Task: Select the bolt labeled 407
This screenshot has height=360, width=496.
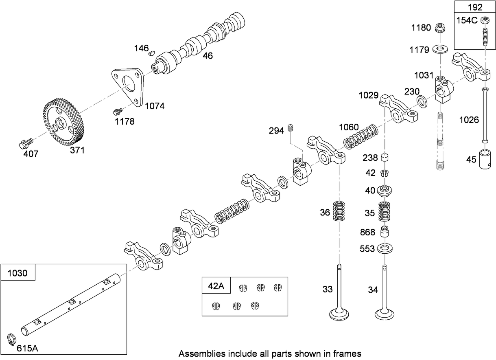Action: pos(25,143)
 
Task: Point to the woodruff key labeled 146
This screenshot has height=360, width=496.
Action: pos(151,52)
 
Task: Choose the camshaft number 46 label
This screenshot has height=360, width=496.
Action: pos(208,56)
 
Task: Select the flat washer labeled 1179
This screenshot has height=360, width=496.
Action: pos(441,49)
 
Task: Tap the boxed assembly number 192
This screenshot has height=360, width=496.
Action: pos(475,7)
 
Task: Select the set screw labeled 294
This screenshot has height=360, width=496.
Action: pos(291,128)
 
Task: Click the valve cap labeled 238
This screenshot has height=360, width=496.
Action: pos(385,158)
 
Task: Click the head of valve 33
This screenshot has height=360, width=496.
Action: pos(339,314)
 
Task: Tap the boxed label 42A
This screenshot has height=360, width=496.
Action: pos(216,286)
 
